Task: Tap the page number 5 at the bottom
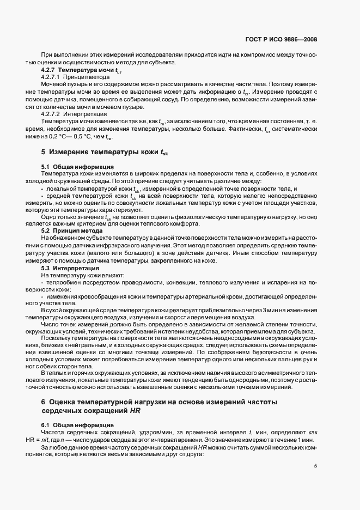[315, 465]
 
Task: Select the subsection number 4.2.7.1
[53, 78]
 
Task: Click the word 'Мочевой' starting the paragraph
[53, 85]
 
